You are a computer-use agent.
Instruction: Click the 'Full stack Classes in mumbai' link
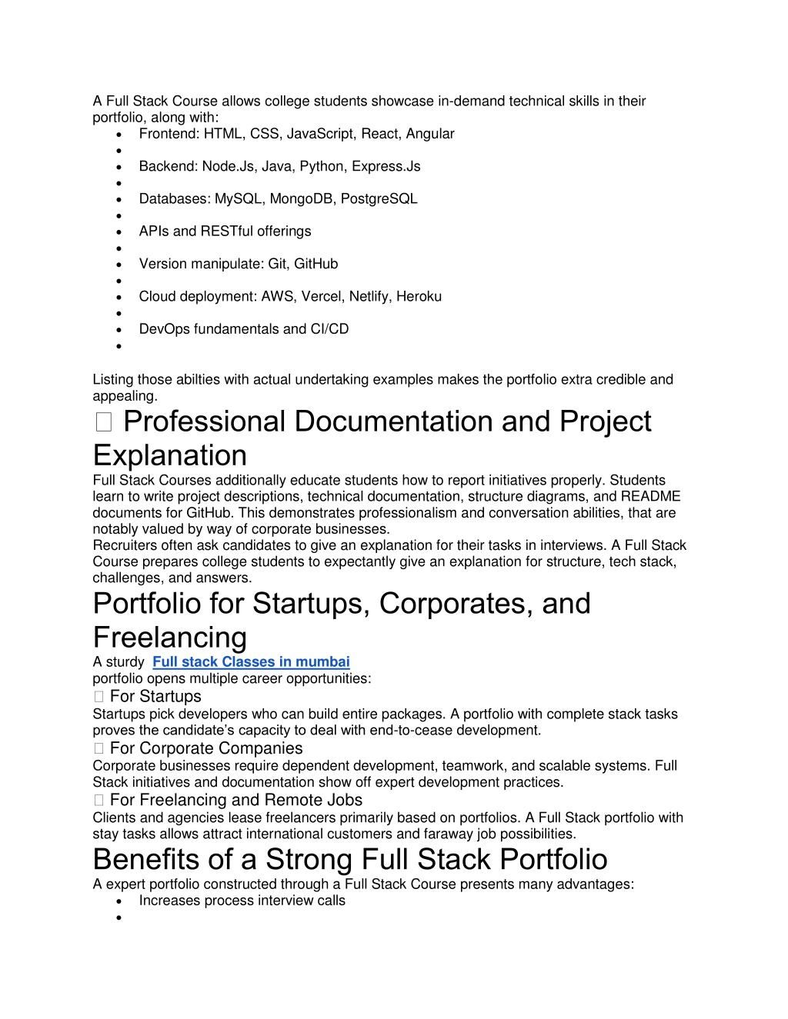[251, 662]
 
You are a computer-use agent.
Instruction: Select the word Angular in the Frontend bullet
[430, 134]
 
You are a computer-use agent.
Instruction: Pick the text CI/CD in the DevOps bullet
[329, 329]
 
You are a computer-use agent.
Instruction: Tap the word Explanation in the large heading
[170, 455]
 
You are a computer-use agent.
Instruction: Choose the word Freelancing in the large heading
[170, 638]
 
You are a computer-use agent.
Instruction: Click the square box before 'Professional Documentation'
[104, 422]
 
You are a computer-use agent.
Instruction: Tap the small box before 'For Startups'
[98, 697]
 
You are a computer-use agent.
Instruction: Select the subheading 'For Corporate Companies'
[206, 748]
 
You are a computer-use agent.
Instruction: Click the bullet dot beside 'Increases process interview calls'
[119, 901]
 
